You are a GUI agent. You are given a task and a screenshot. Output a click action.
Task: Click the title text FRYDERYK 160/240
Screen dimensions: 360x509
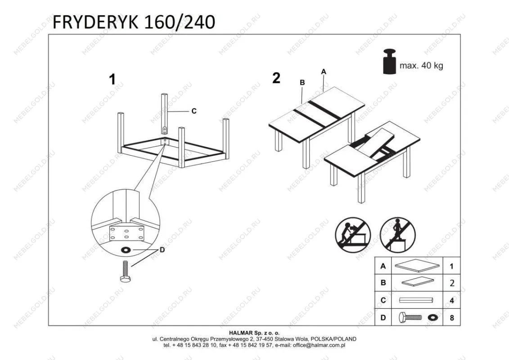[x=134, y=22]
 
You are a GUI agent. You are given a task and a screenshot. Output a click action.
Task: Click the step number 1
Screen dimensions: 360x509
[x=112, y=80]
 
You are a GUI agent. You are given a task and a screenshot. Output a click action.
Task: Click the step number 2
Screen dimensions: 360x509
[x=276, y=78]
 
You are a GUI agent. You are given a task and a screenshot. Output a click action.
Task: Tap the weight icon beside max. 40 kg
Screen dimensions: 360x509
[x=389, y=61]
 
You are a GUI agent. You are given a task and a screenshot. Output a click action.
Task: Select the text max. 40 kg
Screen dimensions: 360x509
[x=421, y=66]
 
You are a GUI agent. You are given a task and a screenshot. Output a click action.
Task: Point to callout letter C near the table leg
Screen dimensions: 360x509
[x=194, y=111]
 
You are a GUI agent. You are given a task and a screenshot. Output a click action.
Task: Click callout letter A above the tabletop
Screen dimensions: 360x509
[x=323, y=72]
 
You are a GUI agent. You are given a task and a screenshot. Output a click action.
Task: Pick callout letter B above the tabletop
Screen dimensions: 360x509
[x=302, y=82]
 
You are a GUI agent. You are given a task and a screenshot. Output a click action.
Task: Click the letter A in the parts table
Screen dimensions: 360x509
[x=383, y=266]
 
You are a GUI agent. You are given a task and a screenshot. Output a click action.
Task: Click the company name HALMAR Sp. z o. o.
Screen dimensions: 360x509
[x=254, y=333]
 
